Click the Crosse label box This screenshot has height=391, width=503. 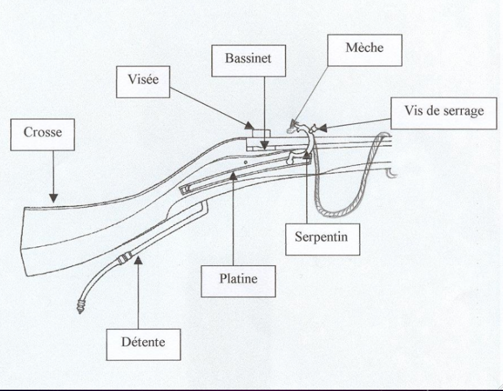click(x=42, y=132)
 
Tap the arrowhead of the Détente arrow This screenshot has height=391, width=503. click(x=138, y=259)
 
